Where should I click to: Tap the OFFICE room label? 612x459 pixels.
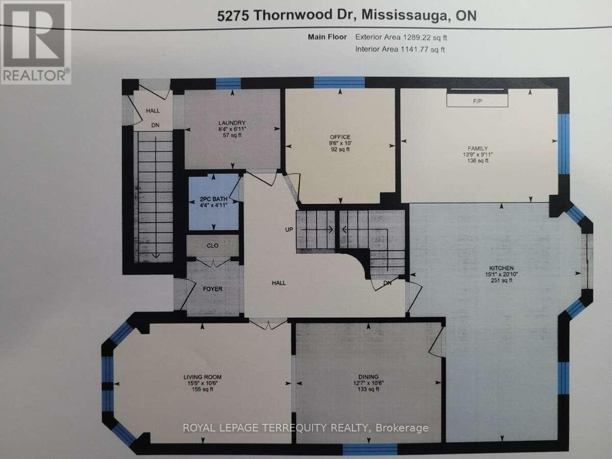tap(340, 137)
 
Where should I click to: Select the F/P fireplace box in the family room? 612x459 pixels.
tap(477, 100)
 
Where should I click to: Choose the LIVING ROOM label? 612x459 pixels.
tap(202, 377)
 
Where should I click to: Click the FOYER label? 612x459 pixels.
tap(212, 289)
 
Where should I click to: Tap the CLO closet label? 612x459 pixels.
tap(212, 246)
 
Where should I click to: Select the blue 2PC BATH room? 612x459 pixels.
tap(213, 202)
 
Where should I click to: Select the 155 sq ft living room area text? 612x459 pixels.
tap(202, 389)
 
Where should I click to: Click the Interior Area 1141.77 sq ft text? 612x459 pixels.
tap(400, 49)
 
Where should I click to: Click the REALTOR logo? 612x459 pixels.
tap(36, 42)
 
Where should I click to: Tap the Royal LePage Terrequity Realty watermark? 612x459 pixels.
tap(305, 428)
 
